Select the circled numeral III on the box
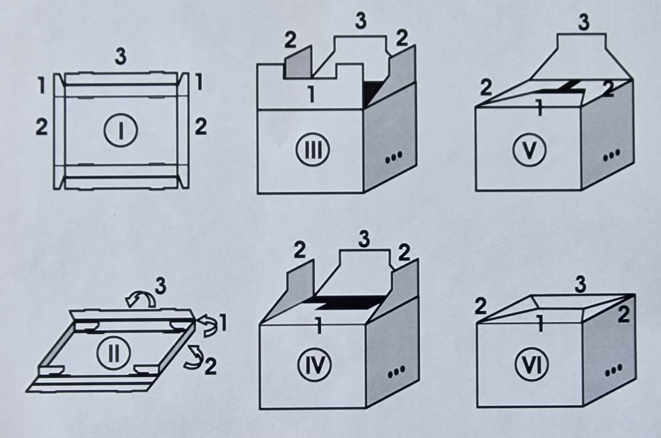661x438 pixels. click(x=313, y=150)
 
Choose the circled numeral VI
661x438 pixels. click(x=532, y=365)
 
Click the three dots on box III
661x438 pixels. click(x=394, y=159)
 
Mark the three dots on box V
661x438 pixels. click(x=611, y=155)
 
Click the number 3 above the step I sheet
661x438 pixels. click(x=120, y=57)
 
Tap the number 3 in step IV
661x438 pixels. click(x=364, y=239)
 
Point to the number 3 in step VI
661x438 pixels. click(x=580, y=285)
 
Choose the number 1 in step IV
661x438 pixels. click(x=318, y=325)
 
